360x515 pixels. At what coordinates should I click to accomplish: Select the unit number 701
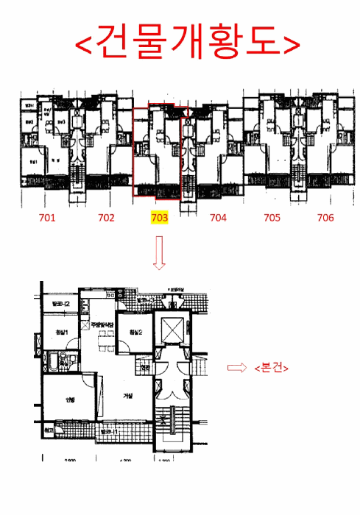coord(49,218)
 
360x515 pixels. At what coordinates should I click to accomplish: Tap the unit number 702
coord(106,218)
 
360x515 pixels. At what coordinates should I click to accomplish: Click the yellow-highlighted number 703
coord(160,218)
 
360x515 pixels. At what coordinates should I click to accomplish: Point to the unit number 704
coord(218,218)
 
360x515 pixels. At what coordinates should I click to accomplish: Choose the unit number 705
coord(272,218)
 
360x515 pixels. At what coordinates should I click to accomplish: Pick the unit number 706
coord(325,218)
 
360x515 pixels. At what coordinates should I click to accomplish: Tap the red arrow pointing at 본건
coord(237,368)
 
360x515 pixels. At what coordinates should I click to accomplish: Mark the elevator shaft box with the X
coord(174,328)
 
